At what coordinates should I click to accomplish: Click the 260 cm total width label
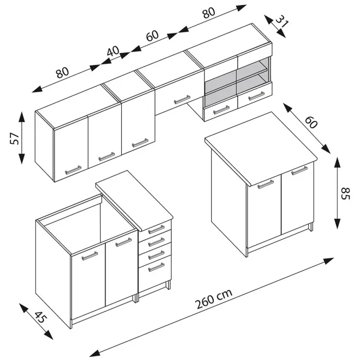point(213,299)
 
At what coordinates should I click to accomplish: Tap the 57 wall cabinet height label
point(15,138)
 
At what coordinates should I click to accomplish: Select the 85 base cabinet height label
point(345,194)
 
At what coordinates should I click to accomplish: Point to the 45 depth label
point(41,317)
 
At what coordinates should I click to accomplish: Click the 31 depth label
point(282,22)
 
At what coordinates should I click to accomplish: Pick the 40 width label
point(113,51)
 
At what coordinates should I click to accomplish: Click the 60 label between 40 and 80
point(152,36)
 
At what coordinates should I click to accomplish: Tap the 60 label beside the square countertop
point(311,122)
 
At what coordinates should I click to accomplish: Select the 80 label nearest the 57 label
point(62,73)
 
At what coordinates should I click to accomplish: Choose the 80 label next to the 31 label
point(209,13)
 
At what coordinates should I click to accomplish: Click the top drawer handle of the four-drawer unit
point(156,230)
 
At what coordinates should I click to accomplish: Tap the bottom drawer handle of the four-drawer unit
point(156,267)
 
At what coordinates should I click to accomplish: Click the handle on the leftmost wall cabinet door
point(73,170)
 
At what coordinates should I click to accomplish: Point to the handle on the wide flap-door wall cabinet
point(182,100)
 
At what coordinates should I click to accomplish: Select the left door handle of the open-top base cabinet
point(90,256)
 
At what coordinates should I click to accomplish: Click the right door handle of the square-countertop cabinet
point(299,171)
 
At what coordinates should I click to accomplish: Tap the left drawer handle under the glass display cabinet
point(221,110)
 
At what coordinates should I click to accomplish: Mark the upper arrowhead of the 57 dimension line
point(22,116)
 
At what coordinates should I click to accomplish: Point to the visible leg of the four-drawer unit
point(168,285)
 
